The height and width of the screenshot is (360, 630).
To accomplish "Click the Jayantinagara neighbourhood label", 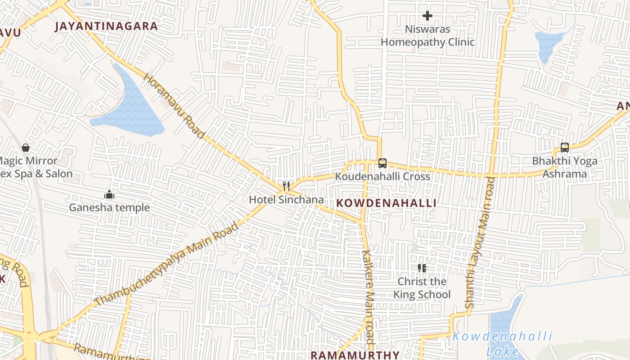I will click(106, 26).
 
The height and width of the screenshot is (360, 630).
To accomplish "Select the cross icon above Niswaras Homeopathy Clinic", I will click(427, 16).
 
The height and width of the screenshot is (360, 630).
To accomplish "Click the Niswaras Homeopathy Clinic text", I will click(427, 36).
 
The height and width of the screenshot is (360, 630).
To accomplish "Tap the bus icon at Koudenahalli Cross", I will click(382, 163).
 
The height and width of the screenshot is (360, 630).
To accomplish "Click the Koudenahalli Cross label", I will click(382, 176).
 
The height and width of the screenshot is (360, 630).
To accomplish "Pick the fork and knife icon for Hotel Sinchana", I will click(286, 186).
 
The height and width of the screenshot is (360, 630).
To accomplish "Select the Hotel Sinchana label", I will click(286, 199).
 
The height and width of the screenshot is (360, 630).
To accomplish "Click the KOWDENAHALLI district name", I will click(387, 203).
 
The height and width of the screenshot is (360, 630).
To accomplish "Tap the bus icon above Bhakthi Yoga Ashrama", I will click(565, 148).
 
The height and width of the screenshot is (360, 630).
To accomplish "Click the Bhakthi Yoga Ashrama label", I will click(565, 167).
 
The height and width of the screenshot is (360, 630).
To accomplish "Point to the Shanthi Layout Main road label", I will click(481, 243).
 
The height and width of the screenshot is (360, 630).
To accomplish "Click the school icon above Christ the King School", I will click(422, 269).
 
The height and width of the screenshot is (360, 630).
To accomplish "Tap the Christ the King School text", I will click(422, 288).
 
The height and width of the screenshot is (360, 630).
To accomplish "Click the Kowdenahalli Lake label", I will click(503, 343).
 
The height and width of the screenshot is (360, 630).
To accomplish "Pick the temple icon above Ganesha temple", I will click(109, 194).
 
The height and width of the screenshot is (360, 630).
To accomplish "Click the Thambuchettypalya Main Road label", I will click(167, 264).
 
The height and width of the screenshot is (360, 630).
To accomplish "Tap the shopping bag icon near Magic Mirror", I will click(26, 148).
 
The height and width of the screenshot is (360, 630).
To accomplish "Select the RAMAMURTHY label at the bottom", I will click(355, 355).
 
